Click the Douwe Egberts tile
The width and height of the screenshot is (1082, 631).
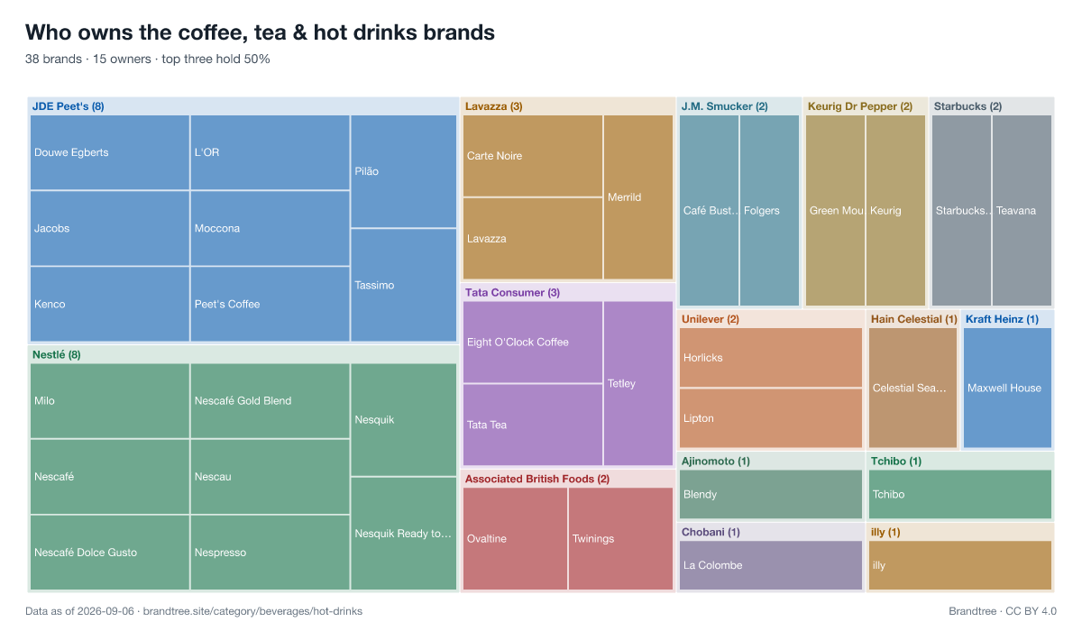click(110, 152)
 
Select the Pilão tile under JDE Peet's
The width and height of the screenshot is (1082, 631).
click(403, 171)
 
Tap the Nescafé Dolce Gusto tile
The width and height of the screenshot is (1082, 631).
click(110, 553)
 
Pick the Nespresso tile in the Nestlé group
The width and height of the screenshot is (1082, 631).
click(270, 553)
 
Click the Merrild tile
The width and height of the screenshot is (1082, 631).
click(638, 197)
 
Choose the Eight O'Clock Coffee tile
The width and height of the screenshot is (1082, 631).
click(533, 343)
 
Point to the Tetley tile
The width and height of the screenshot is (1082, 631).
click(638, 383)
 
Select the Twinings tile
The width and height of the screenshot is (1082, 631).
click(620, 538)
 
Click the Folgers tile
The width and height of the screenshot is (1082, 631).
click(769, 211)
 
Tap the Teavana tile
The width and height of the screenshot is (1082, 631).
click(1022, 211)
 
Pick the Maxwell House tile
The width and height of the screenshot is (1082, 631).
click(1008, 388)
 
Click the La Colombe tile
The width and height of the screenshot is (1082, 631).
click(770, 565)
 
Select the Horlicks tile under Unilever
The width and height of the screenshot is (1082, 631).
click(770, 358)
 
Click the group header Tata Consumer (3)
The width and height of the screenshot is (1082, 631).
click(512, 293)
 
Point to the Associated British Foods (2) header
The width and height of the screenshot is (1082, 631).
click(537, 479)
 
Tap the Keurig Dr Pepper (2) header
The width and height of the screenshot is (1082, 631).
click(860, 106)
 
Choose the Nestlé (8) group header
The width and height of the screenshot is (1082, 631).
click(57, 355)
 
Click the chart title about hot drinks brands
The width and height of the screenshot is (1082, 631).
click(260, 32)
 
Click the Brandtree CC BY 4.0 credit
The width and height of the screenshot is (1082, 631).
click(1003, 611)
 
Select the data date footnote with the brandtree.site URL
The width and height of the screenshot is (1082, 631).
click(194, 611)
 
